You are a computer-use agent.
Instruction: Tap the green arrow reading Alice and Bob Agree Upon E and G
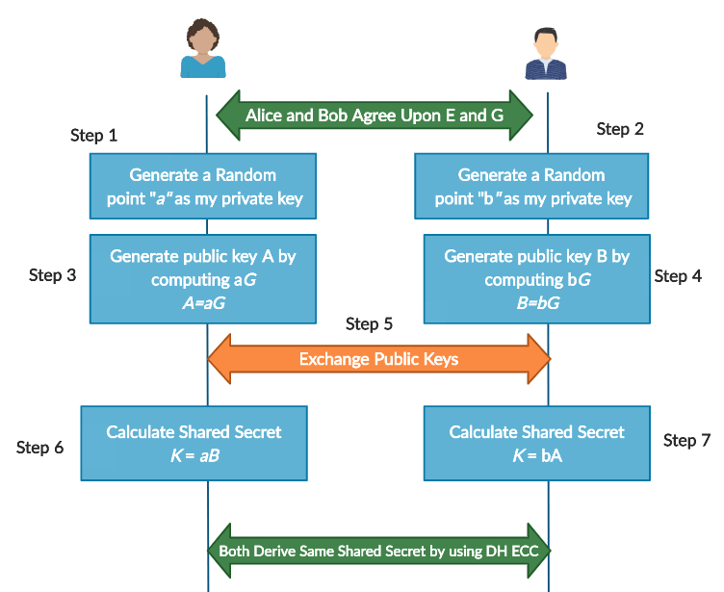(375, 116)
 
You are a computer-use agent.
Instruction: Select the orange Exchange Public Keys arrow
(378, 359)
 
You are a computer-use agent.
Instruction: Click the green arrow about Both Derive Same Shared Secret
(378, 551)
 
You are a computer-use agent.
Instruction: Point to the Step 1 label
(94, 136)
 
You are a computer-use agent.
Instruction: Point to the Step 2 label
(620, 129)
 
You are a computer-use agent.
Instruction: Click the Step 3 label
(53, 275)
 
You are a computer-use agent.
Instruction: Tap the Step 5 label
(369, 324)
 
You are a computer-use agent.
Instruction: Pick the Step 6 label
(40, 448)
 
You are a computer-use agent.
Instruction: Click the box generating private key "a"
(203, 187)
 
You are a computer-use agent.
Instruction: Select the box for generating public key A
(203, 278)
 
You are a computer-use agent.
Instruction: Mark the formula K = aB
(194, 455)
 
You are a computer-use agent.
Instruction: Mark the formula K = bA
(537, 455)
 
